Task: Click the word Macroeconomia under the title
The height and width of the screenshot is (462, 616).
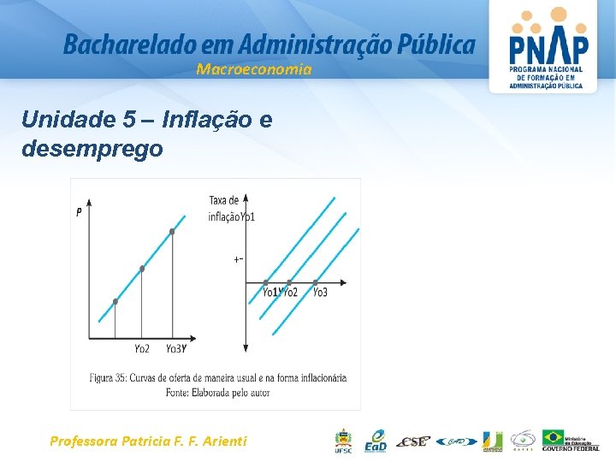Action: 254,69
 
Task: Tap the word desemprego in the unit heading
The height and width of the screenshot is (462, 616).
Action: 92,149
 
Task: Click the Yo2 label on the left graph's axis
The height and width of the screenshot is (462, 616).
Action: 142,348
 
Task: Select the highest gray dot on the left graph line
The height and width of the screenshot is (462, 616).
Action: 172,232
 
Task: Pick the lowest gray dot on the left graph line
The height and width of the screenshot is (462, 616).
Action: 115,301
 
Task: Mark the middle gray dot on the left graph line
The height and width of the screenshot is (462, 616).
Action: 142,269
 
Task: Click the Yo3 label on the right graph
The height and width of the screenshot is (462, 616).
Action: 319,293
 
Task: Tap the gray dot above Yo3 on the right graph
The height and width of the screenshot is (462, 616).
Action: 316,281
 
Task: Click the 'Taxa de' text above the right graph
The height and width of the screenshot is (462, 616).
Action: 224,201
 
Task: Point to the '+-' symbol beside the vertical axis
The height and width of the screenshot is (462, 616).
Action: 239,258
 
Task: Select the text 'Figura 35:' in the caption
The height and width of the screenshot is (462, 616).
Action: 111,377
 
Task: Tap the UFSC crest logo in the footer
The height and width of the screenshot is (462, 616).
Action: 343,439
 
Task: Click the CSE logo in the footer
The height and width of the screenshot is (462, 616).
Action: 416,441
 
